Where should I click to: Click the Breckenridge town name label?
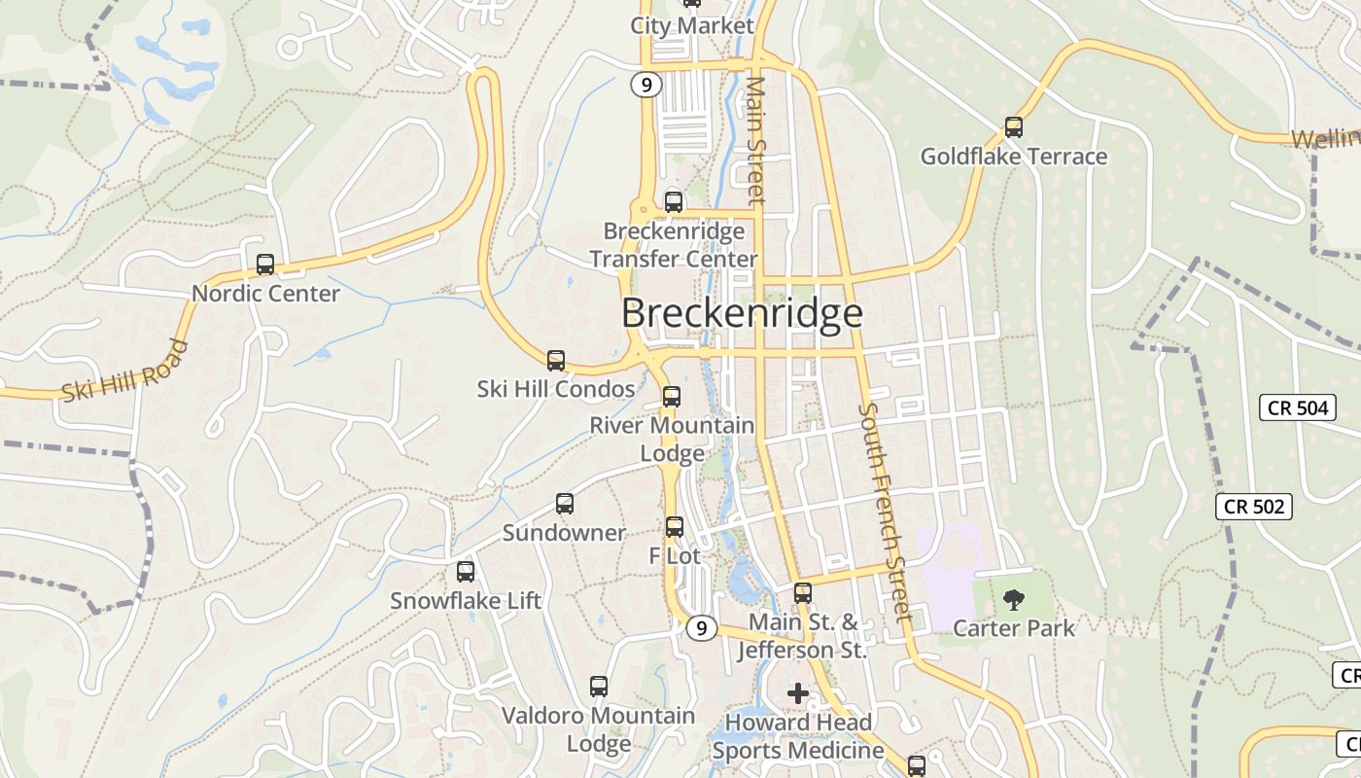pos(742,313)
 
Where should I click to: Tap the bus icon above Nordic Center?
pos(264,264)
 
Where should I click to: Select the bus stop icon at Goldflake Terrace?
pos(1013,126)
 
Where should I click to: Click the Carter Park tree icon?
pos(1013,599)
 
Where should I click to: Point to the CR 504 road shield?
pos(1298,407)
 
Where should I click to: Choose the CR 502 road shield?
pos(1254,506)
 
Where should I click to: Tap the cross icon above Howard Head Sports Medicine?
pos(798,693)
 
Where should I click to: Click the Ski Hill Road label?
pos(124,371)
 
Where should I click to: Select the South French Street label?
pos(886,511)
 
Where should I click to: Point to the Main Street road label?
pos(756,139)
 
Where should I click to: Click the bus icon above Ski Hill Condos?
pos(556,361)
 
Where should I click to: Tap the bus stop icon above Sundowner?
pos(565,504)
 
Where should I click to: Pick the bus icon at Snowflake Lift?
pos(466,572)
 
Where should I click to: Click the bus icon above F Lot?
pos(674,527)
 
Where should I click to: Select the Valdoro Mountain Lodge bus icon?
pos(599,687)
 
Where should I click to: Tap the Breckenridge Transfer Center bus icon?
pos(673,202)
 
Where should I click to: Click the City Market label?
pos(692,26)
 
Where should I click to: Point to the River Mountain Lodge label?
pos(673,440)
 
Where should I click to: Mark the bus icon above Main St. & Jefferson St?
pos(803,592)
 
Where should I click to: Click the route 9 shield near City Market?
pos(646,85)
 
